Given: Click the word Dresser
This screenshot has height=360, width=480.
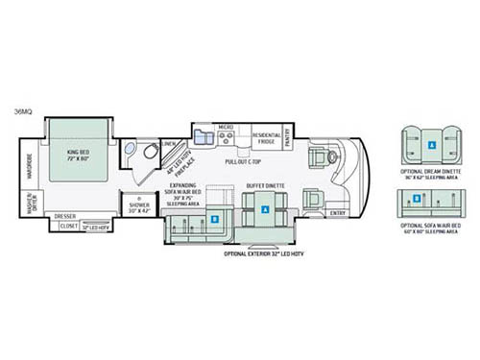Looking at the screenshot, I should (x=65, y=216).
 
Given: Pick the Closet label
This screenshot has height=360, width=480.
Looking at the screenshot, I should (x=69, y=227).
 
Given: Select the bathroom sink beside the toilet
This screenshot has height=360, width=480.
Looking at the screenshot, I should (x=131, y=149).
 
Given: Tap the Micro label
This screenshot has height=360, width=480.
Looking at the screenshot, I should (x=226, y=127).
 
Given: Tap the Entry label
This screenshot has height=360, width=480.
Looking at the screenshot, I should (x=338, y=212).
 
